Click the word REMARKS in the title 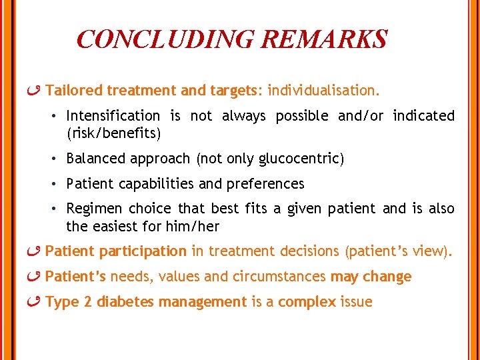pos(324,39)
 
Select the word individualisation pos(323,90)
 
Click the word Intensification pos(113,116)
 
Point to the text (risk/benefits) pos(113,133)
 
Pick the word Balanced pos(95,159)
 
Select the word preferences pos(267,184)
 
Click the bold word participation pos(143,251)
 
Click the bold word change pos(389,277)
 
